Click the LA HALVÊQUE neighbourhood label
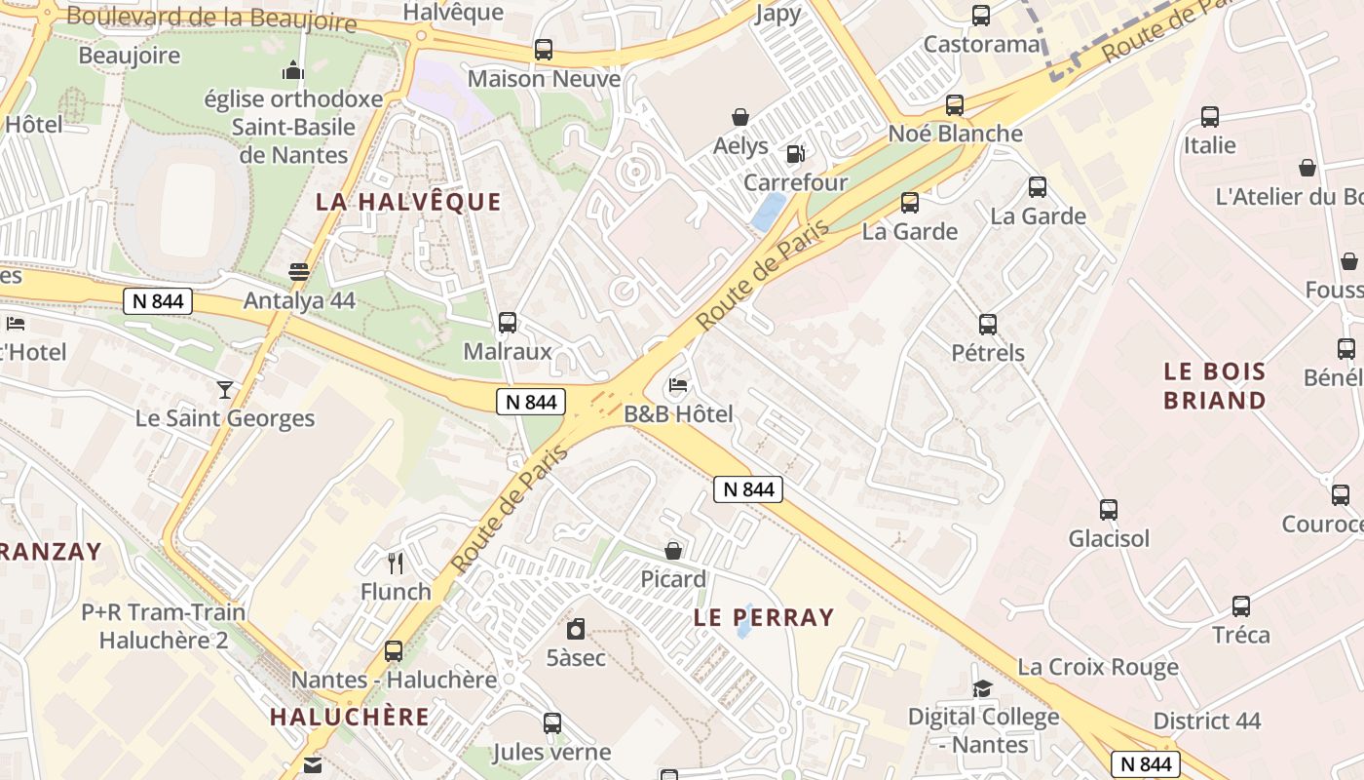click(408, 202)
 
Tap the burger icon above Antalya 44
click(299, 271)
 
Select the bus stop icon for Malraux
click(507, 322)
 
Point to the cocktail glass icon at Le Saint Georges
click(225, 389)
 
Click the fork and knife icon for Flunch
click(396, 563)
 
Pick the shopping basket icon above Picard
click(672, 551)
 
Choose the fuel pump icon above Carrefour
click(796, 153)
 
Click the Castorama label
click(981, 44)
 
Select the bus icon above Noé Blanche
click(955, 104)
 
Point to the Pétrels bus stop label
click(988, 352)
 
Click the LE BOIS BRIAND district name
click(1215, 385)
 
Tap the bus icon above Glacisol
click(1109, 509)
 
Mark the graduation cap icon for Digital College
click(982, 688)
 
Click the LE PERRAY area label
click(764, 617)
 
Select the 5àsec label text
click(576, 658)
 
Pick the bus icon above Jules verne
click(551, 722)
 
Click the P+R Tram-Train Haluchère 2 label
click(163, 626)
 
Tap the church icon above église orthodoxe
click(292, 70)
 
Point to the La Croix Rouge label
click(1098, 667)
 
